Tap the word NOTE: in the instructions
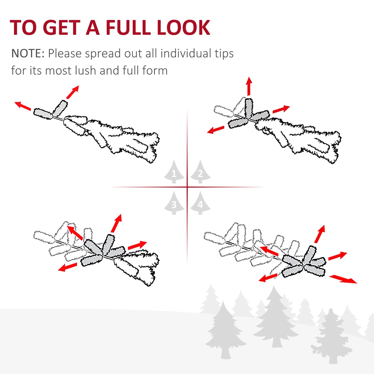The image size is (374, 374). (x=28, y=54)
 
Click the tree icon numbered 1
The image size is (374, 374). (x=174, y=172)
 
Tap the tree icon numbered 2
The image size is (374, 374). (x=200, y=172)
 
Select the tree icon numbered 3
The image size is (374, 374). (x=174, y=203)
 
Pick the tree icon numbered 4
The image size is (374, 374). (x=200, y=203)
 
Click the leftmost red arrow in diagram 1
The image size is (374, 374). (x=23, y=106)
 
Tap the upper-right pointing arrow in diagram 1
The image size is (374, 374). (x=72, y=92)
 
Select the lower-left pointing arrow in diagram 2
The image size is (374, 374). (x=216, y=130)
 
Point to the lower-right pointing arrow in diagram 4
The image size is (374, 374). (x=343, y=279)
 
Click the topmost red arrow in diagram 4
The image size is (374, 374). (x=320, y=234)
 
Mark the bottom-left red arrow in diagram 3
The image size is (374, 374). (x=68, y=267)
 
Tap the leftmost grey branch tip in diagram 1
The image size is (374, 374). (x=43, y=114)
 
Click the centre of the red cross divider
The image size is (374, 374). (x=187, y=187)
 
